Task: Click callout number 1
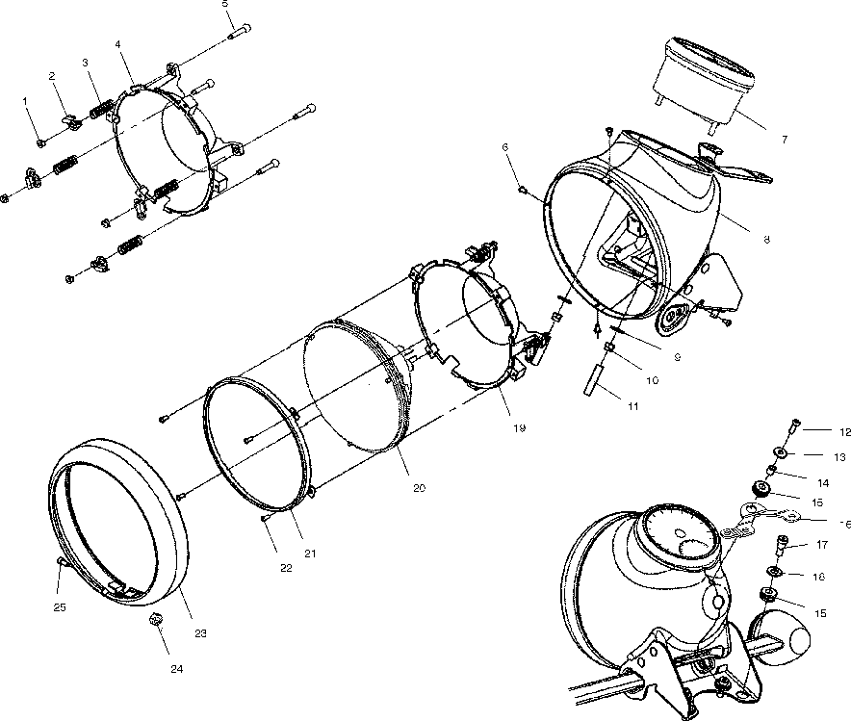pyautogui.click(x=26, y=100)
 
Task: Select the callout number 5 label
pyautogui.click(x=225, y=4)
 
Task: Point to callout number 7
pyautogui.click(x=784, y=140)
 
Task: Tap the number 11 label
pyautogui.click(x=632, y=406)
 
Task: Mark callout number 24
pyautogui.click(x=177, y=668)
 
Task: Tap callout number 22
pyautogui.click(x=286, y=567)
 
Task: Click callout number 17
pyautogui.click(x=821, y=544)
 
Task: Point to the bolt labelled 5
pyautogui.click(x=239, y=31)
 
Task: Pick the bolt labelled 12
pyautogui.click(x=790, y=425)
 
